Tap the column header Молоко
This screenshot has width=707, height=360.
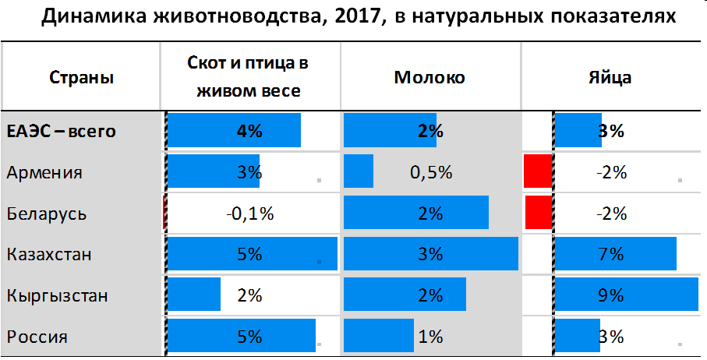coord(430,77)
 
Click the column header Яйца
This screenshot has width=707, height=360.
coord(610,77)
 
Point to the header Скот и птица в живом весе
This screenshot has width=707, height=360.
coord(249,77)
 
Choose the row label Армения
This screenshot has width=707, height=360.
coord(44,172)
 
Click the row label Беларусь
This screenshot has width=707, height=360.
coord(47,214)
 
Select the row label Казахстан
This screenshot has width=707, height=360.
coord(49,254)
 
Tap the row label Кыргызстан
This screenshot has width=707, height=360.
coord(56,296)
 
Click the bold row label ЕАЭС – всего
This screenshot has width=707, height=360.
coord(62,131)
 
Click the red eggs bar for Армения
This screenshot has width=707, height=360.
coord(537,171)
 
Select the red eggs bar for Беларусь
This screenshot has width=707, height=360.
coord(537,213)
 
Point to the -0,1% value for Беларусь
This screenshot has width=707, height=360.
coord(249,214)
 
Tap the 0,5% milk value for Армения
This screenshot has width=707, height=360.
coord(430,172)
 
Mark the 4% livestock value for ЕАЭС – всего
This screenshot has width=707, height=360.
coord(249,131)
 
